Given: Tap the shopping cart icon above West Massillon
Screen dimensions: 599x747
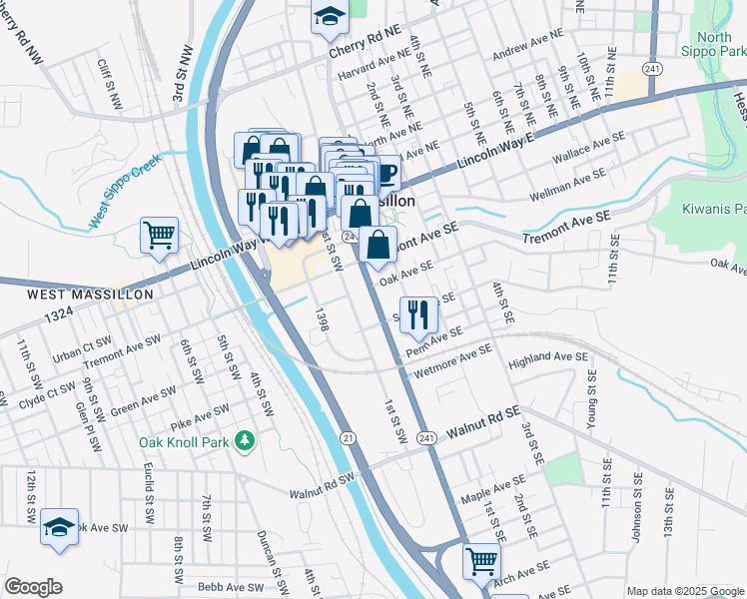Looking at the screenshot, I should click(x=159, y=237).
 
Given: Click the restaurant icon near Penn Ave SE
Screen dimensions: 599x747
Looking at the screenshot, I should click(x=418, y=314).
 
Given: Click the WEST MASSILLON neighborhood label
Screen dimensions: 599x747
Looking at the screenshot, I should click(x=90, y=295).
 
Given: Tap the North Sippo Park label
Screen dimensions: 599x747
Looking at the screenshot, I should click(x=720, y=44).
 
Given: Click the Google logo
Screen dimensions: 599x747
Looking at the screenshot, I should click(x=33, y=587).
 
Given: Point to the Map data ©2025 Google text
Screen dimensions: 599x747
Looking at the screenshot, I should click(x=684, y=591).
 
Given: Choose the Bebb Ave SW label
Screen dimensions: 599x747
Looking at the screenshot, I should click(x=232, y=587).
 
